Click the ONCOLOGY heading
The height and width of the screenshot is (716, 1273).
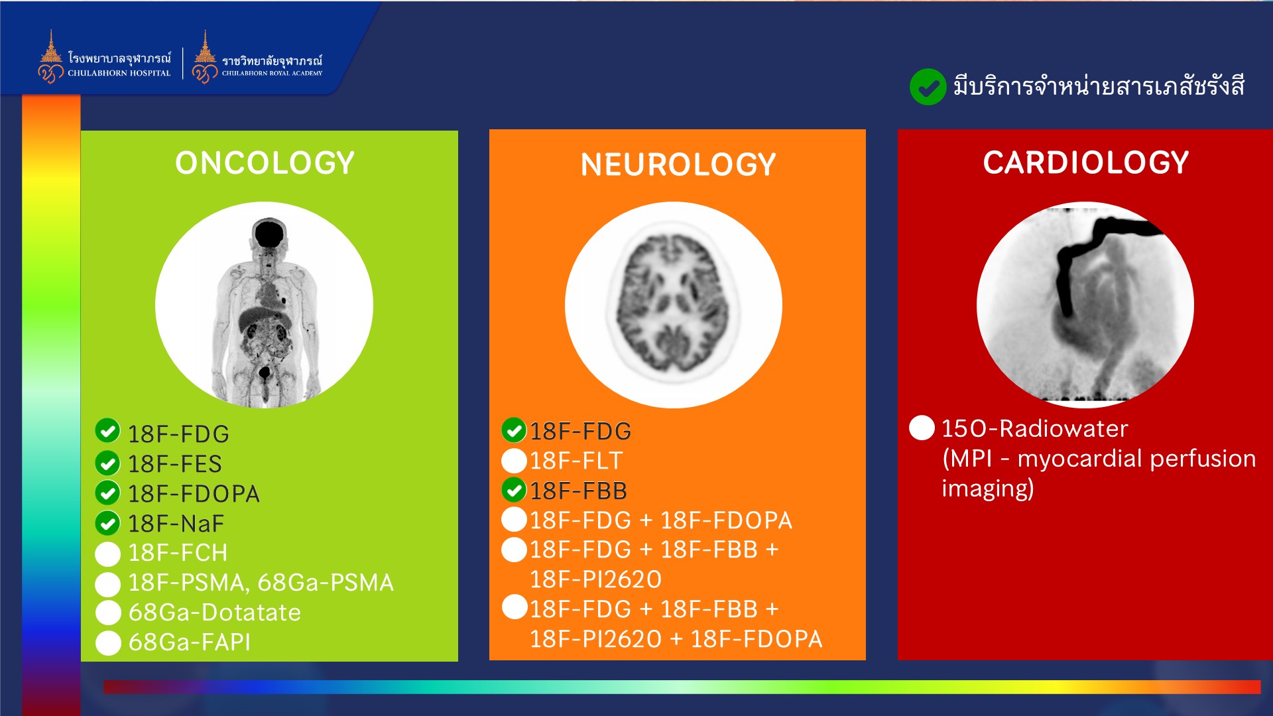(265, 163)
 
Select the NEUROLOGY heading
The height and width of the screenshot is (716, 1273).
(678, 164)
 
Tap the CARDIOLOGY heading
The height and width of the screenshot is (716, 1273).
(1086, 162)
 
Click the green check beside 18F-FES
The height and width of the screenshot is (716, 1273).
(107, 463)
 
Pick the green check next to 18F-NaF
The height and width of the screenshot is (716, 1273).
(107, 523)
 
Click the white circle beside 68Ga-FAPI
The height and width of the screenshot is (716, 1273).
(108, 642)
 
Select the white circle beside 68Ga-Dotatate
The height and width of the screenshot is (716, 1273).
(108, 613)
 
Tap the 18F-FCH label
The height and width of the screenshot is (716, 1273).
(178, 553)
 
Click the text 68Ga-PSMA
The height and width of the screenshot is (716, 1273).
(326, 583)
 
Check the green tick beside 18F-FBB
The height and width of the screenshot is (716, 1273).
(514, 491)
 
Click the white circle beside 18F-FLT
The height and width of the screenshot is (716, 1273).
(514, 461)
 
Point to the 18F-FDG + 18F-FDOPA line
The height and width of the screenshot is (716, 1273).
(661, 520)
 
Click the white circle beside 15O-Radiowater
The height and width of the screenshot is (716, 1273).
(922, 428)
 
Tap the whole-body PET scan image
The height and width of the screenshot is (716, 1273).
(264, 305)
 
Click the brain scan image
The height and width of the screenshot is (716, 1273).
(674, 305)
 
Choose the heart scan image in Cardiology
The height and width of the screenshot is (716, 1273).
(1085, 305)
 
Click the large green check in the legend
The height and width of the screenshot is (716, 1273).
(928, 87)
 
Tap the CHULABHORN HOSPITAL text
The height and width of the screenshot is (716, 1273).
(119, 74)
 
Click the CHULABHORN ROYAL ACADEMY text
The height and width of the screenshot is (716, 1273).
(272, 74)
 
